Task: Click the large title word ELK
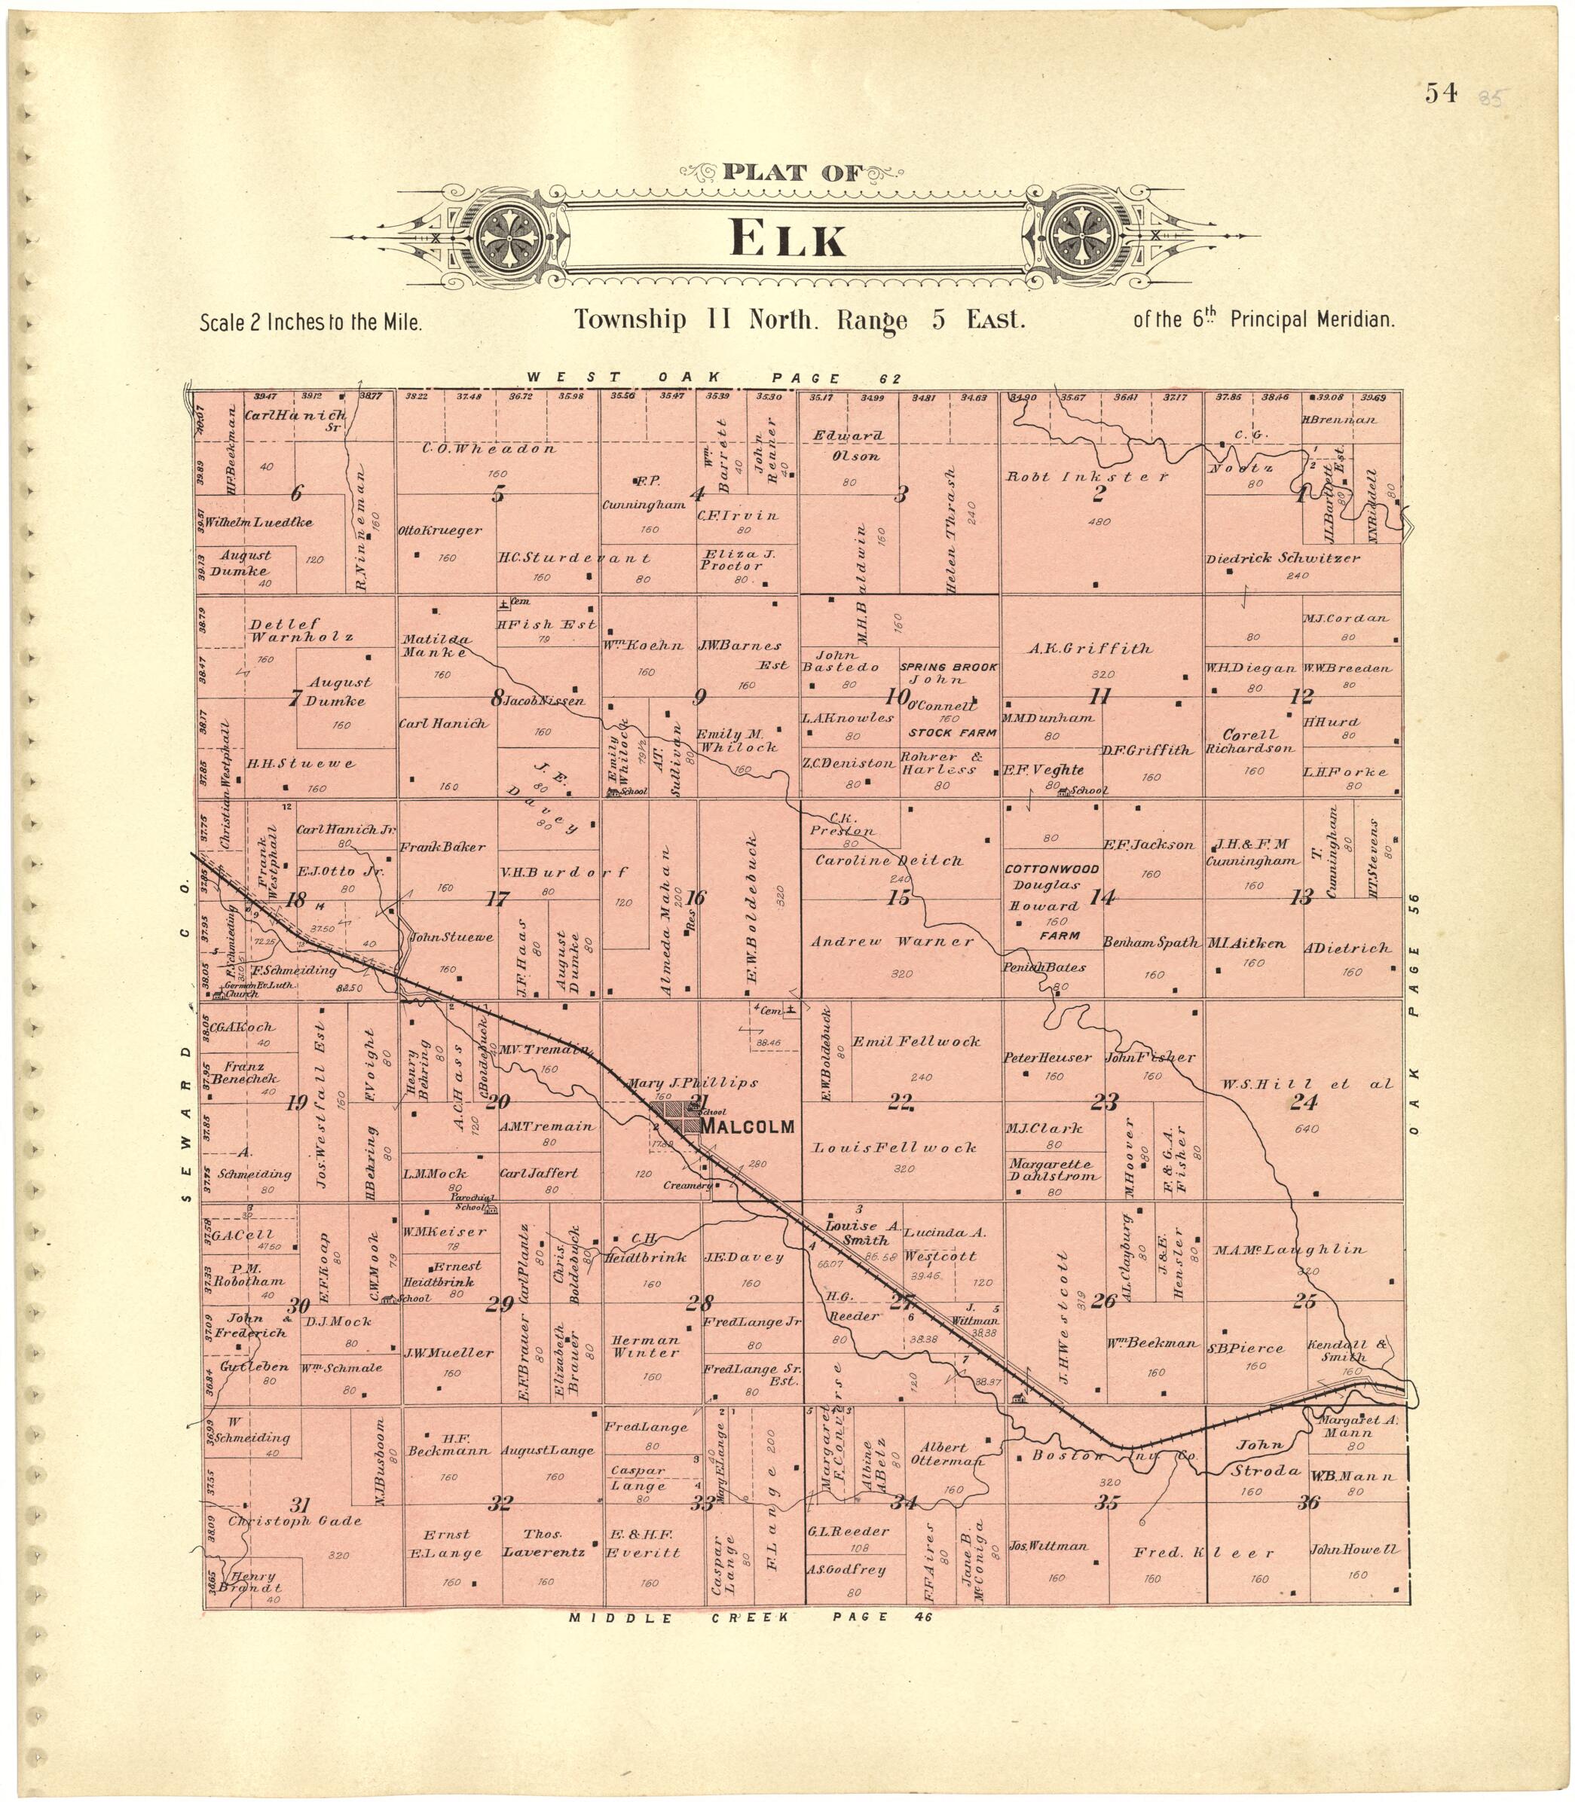[x=787, y=239]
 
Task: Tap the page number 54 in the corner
[x=1442, y=93]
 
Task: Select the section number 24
[x=1301, y=1104]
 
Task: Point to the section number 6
[x=297, y=493]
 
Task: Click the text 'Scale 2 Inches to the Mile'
[x=312, y=322]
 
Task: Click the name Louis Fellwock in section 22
[x=894, y=1147]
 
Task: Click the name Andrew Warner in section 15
[x=891, y=942]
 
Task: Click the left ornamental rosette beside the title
[x=509, y=237]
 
